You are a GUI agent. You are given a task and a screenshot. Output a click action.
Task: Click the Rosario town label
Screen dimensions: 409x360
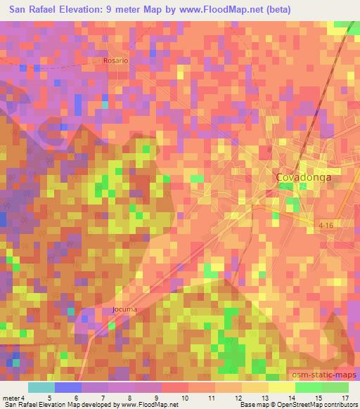(116, 60)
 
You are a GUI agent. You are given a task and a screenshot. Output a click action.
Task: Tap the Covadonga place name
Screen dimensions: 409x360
(303, 178)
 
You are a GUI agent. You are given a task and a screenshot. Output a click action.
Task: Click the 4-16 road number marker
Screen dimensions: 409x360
(324, 224)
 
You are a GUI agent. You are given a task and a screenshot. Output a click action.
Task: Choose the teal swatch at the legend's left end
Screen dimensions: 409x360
(41, 387)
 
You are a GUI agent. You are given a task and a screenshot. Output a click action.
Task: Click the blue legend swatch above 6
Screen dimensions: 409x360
(68, 387)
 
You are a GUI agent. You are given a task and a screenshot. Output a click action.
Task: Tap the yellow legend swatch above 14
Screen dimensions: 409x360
(281, 387)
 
